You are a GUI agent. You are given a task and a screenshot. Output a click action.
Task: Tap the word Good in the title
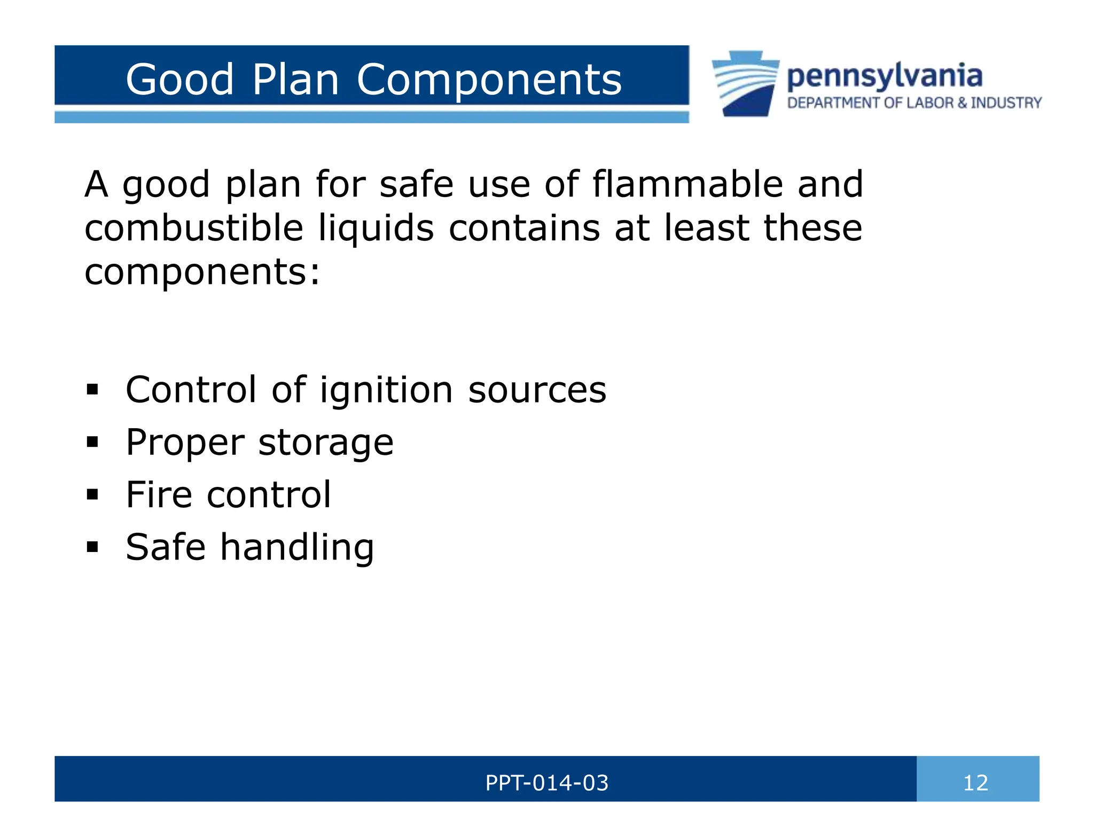click(x=179, y=80)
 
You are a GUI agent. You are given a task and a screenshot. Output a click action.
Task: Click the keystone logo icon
click(x=746, y=84)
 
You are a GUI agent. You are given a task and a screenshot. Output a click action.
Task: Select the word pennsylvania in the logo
click(x=884, y=76)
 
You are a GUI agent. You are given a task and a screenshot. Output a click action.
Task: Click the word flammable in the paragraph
click(x=687, y=184)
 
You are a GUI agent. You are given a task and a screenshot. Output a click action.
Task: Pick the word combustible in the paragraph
click(x=194, y=228)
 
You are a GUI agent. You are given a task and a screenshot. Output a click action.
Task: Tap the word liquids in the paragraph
click(x=376, y=228)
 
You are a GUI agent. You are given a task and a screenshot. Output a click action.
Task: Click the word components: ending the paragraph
click(x=202, y=272)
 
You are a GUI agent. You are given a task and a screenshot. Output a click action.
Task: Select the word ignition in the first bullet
click(x=386, y=390)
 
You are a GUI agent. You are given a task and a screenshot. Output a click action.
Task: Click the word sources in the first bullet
click(x=537, y=390)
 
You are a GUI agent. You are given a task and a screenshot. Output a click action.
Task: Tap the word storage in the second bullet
click(x=326, y=443)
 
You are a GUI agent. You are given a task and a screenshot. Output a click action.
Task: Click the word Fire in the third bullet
click(x=159, y=494)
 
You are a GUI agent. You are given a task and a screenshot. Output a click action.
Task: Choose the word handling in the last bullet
click(x=297, y=547)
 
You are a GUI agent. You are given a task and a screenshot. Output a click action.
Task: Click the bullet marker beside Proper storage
click(x=92, y=443)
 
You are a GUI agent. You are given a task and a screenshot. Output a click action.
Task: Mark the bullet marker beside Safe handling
click(x=92, y=547)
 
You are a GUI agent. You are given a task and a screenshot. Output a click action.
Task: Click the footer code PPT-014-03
click(x=546, y=783)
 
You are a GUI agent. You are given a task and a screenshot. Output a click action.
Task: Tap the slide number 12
click(x=975, y=783)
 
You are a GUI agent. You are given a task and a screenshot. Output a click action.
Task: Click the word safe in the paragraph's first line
click(x=416, y=184)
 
